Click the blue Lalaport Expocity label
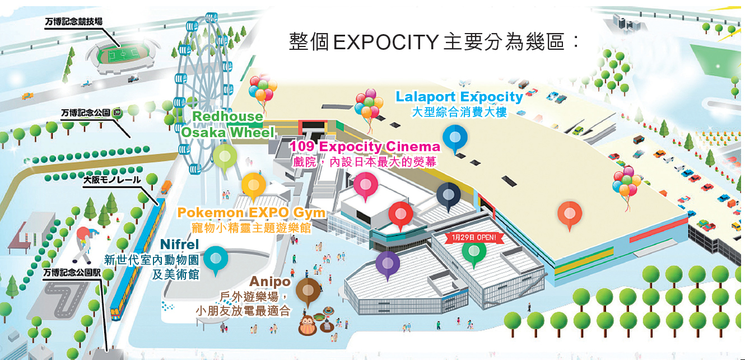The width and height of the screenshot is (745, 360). click(459, 97)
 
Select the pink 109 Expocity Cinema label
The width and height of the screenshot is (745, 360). click(365, 147)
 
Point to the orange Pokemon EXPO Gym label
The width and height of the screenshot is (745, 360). click(251, 213)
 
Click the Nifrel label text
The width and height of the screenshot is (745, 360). click(179, 245)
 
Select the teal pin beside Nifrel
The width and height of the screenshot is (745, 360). click(216, 259)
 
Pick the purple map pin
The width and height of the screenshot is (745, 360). click(387, 264)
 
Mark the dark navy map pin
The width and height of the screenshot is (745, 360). click(448, 195)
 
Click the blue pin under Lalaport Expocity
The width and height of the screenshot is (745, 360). click(455, 138)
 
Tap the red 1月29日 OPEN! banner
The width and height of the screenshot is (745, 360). click(474, 237)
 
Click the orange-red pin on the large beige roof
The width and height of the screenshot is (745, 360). click(570, 214)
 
